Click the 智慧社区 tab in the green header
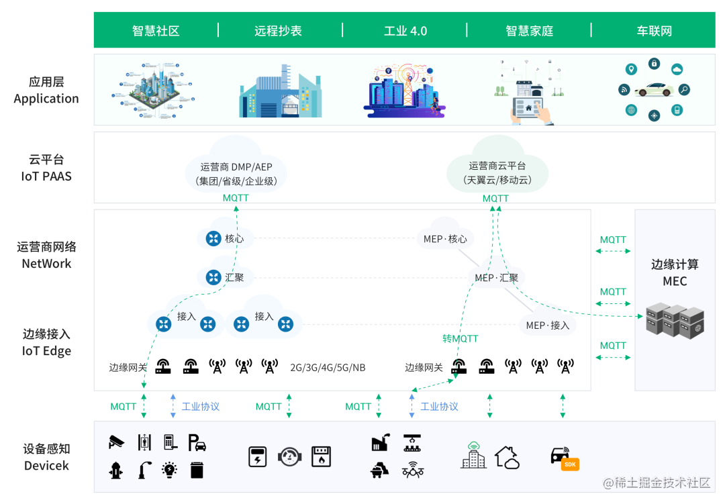point(156,31)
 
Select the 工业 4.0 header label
point(405,31)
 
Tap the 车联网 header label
point(654,31)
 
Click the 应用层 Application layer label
point(46,90)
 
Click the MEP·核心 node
point(444,239)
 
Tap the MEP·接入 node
point(547,325)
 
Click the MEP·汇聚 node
point(496,278)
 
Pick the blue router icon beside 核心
point(213,238)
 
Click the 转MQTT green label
point(460,339)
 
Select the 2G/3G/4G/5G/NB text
point(328,368)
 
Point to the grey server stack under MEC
point(674,321)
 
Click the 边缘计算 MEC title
point(675,272)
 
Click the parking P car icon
point(197,442)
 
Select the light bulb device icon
point(170,470)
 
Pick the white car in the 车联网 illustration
point(654,89)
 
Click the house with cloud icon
point(507,457)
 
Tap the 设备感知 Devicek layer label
point(46,457)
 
